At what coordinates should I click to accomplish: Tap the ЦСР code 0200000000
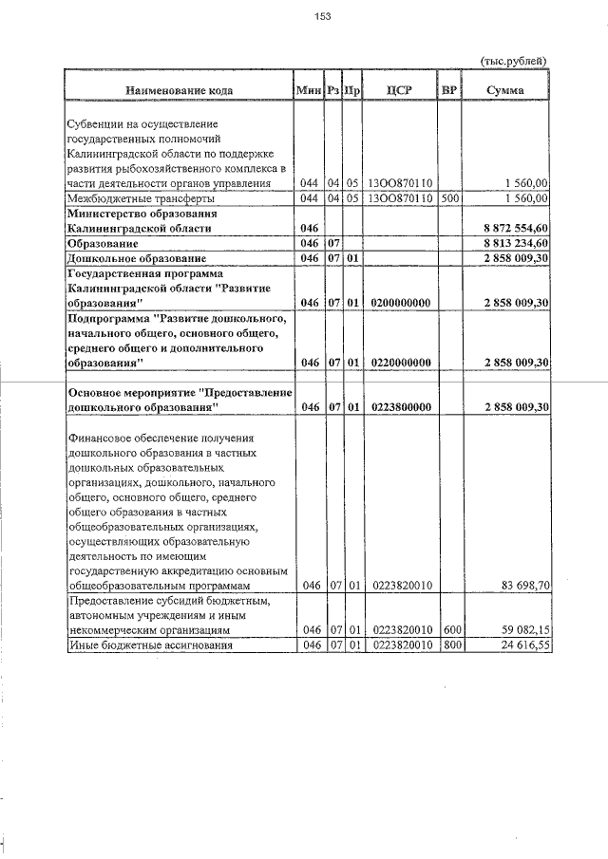(399, 303)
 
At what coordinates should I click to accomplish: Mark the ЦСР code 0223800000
(399, 406)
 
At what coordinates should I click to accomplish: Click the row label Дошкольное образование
(136, 259)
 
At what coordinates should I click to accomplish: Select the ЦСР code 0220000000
(399, 363)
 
